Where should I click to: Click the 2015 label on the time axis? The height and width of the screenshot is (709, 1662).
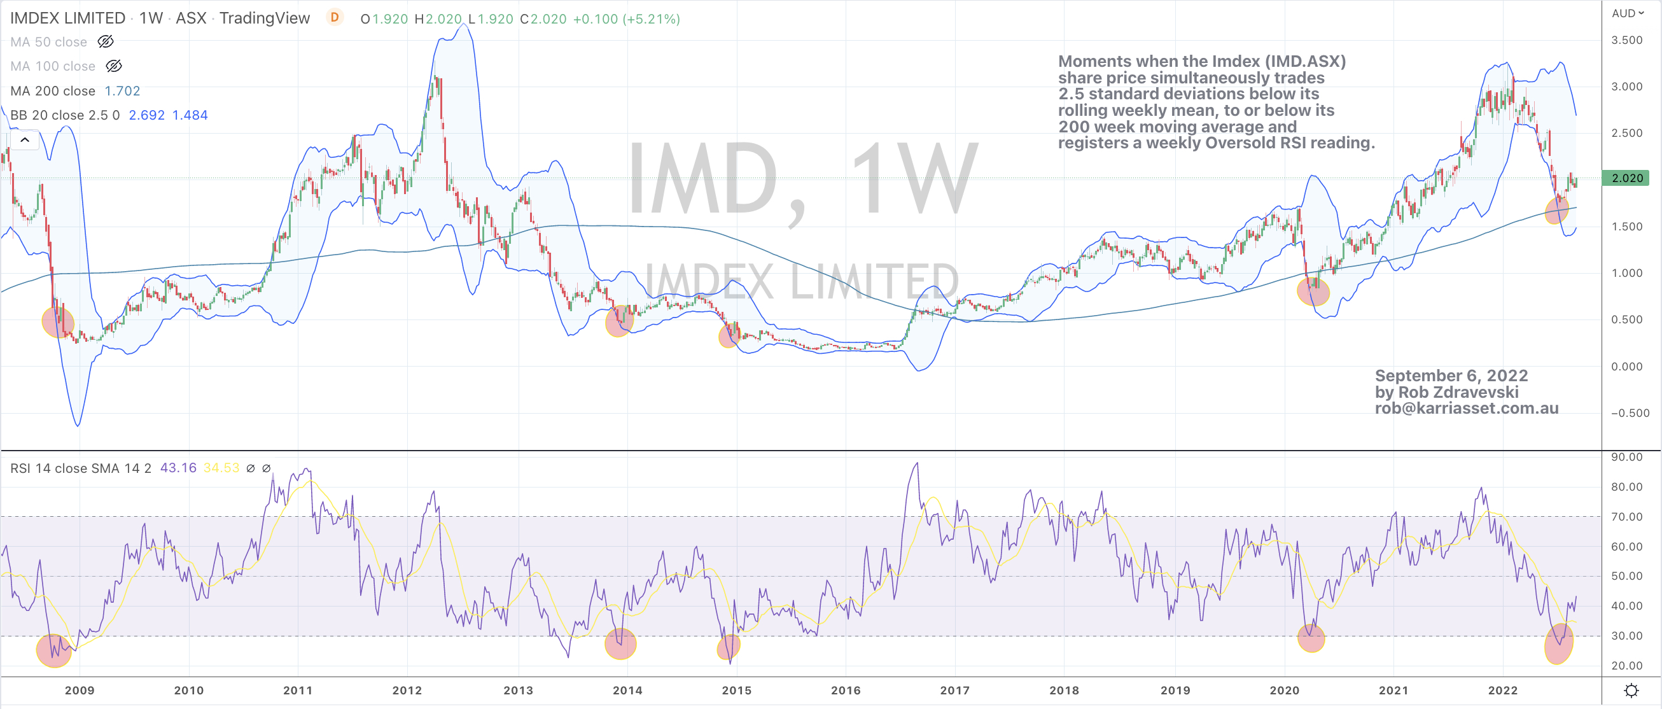(736, 691)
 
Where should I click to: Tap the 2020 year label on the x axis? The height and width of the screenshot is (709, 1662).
(1284, 691)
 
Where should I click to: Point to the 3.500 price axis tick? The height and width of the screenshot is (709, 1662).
(1626, 40)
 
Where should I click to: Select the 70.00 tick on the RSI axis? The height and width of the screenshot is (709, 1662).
(1626, 517)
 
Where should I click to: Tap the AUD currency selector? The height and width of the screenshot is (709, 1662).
(1627, 13)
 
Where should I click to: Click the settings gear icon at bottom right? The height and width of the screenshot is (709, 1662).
(1631, 691)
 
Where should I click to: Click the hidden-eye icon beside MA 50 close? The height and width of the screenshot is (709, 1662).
(106, 42)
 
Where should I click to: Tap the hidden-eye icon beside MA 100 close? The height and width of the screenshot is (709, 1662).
(113, 66)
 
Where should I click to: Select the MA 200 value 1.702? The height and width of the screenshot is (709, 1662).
(122, 91)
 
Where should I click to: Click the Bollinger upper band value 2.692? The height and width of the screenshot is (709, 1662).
(146, 115)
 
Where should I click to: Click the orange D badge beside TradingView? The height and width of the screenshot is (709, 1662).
(334, 17)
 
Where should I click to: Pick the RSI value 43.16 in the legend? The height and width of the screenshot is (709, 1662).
(178, 468)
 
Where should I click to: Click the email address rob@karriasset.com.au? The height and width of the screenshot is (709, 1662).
(1467, 409)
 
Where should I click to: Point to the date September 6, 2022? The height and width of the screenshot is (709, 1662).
(1451, 376)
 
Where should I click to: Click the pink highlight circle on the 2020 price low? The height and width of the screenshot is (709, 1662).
(1313, 291)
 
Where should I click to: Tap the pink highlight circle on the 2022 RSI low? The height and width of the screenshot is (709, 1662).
(1558, 643)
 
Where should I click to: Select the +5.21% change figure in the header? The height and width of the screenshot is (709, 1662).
(651, 18)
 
